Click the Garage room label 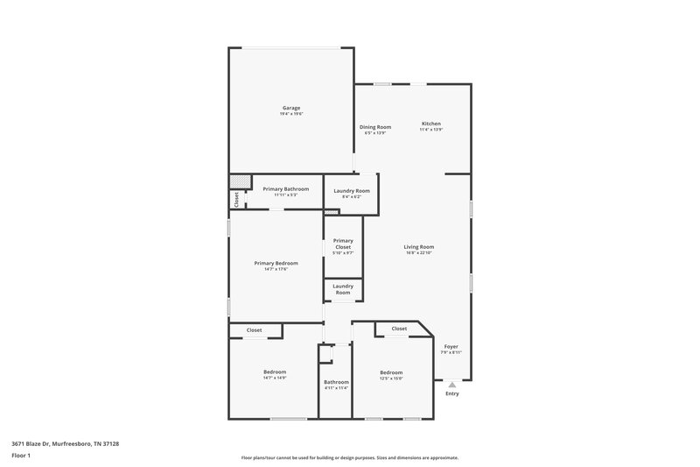pos(291,108)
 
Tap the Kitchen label pos(431,124)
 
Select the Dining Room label pos(375,127)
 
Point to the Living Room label pos(419,247)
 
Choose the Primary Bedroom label pos(276,263)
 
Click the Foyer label pos(451,346)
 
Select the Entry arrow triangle pos(451,384)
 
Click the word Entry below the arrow pos(451,393)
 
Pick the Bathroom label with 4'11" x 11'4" pos(336,382)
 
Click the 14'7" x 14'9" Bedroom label pos(275,372)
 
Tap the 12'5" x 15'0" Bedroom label pos(391,372)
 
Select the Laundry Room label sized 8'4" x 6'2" pos(352,191)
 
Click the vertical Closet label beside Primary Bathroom pos(236,200)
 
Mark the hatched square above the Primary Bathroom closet pos(236,181)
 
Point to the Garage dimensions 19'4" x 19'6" pos(291,114)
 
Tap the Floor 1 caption pos(21,456)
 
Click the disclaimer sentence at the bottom pos(350,457)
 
